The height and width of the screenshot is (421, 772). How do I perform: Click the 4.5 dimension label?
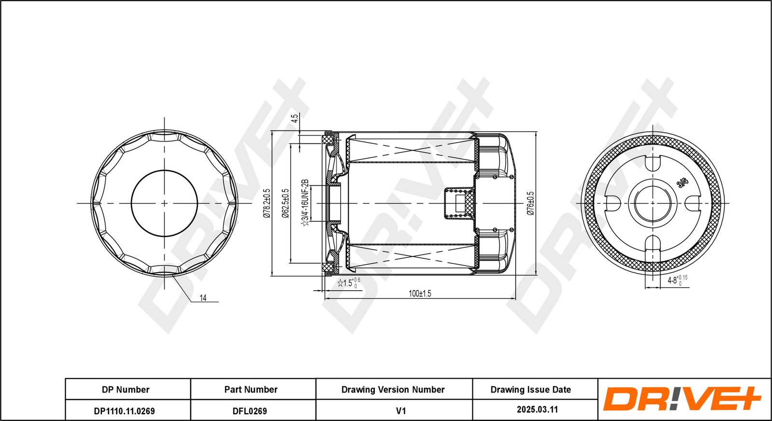(295, 119)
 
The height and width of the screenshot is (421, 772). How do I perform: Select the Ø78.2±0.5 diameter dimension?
(266, 203)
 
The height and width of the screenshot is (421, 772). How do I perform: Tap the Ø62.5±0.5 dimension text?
(285, 203)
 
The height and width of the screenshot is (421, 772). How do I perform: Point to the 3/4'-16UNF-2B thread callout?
(305, 203)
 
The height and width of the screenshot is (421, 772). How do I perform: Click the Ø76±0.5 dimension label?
(531, 203)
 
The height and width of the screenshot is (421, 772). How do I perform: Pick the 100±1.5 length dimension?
(420, 294)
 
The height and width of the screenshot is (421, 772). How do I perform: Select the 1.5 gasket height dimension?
(349, 283)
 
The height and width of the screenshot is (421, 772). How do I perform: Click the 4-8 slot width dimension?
(677, 280)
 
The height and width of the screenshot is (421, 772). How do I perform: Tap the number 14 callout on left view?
(203, 297)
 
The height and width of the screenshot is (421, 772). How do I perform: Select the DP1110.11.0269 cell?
(124, 411)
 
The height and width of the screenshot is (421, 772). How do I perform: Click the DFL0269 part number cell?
(249, 411)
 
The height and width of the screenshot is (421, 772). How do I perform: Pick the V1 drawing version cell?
(401, 411)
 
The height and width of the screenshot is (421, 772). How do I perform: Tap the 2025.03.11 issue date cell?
(538, 409)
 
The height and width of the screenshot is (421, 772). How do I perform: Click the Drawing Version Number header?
(393, 390)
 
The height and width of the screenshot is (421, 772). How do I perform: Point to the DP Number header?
(125, 390)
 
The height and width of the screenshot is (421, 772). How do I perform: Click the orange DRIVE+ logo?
(681, 399)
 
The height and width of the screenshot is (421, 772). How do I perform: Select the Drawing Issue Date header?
(531, 390)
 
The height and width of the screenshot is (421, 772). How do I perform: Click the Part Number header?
(251, 390)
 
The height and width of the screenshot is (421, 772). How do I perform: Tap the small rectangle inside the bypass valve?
(460, 203)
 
